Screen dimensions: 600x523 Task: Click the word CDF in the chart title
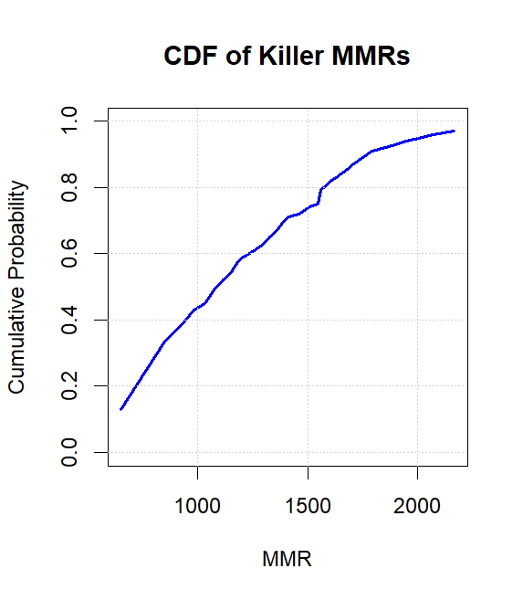[186, 57]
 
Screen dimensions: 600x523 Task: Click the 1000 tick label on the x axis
[198, 505]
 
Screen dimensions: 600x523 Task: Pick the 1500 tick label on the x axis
[308, 505]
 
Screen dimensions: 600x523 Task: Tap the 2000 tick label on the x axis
[417, 505]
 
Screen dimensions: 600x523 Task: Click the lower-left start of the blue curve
[120, 409]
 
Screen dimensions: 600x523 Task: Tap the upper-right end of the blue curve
[454, 132]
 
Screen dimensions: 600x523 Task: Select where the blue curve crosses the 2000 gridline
[417, 139]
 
